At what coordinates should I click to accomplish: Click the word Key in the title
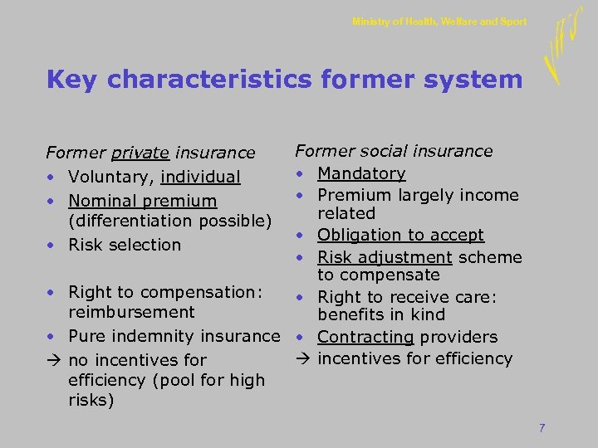tap(74, 80)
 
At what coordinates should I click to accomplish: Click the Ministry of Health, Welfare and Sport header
tap(439, 22)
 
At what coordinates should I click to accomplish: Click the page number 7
tap(542, 428)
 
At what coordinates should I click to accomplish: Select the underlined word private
tap(140, 153)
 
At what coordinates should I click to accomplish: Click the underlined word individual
tap(200, 177)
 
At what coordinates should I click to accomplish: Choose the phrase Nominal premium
tap(143, 201)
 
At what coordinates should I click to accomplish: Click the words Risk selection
tap(125, 245)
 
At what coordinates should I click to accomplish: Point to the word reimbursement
tap(131, 312)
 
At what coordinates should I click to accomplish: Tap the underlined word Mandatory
tap(361, 173)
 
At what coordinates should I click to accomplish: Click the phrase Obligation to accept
tap(400, 235)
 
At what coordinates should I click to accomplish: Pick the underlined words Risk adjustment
tap(385, 256)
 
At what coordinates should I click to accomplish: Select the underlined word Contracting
tap(365, 337)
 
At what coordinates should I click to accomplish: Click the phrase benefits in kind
tap(381, 314)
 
